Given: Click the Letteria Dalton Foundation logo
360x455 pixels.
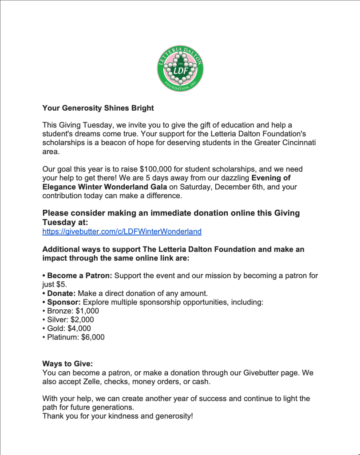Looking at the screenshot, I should (x=180, y=68).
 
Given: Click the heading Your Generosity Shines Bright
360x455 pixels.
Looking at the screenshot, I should (x=98, y=108).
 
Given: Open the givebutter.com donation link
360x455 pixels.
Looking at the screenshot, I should (x=122, y=231).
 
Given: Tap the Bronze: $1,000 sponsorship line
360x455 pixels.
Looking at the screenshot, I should (x=71, y=311).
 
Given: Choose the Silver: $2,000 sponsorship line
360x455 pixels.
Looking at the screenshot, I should (x=68, y=319).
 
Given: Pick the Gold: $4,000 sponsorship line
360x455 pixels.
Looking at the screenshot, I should (x=67, y=328).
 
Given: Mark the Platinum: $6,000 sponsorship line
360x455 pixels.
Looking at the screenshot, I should (x=73, y=337).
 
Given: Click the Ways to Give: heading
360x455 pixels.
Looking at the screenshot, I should (x=67, y=363).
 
